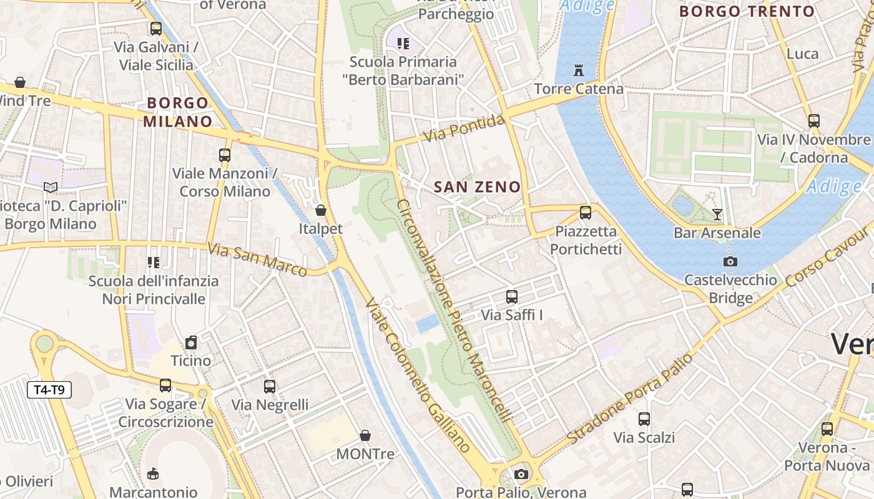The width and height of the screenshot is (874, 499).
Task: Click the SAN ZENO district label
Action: click(x=477, y=187)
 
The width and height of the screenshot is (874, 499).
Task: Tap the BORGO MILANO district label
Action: click(x=178, y=112)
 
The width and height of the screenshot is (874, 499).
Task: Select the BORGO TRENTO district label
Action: click(x=747, y=11)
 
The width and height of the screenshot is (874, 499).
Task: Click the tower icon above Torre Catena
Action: click(x=579, y=70)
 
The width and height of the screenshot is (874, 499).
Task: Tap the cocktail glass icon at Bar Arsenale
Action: click(x=717, y=215)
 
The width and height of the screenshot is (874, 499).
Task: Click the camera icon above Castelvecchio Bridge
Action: click(x=730, y=261)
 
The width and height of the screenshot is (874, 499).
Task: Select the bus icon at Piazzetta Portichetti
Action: click(x=586, y=213)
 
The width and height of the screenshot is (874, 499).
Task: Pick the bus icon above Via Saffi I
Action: click(x=512, y=297)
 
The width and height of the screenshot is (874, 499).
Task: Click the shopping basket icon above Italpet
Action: click(x=321, y=210)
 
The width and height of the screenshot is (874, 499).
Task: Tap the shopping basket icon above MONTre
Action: click(x=365, y=435)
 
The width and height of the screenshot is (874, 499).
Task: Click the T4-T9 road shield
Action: click(x=49, y=390)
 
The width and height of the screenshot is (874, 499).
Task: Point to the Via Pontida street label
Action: click(x=463, y=128)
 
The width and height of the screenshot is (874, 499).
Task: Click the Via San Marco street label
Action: click(x=257, y=259)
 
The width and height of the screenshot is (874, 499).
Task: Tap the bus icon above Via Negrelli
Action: click(x=270, y=387)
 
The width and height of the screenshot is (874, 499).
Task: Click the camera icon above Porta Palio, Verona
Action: click(x=521, y=475)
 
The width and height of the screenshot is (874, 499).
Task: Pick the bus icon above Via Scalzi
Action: click(x=644, y=419)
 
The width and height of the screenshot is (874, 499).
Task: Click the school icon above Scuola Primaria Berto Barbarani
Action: click(x=403, y=44)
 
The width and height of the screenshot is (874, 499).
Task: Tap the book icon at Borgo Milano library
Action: click(x=51, y=187)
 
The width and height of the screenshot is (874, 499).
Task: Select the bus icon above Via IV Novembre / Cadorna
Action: click(x=813, y=121)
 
